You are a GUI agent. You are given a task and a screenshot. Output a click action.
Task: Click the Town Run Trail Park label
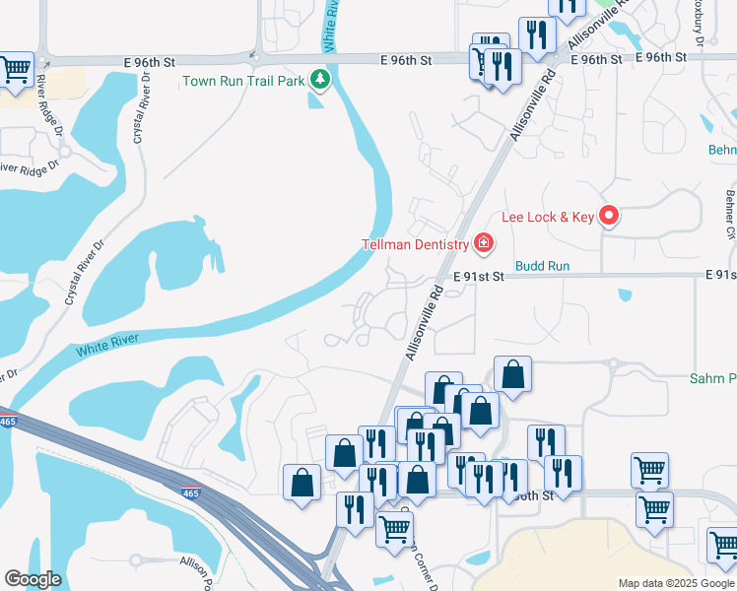(x=243, y=80)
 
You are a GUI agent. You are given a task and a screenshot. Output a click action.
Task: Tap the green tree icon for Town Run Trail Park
(x=319, y=79)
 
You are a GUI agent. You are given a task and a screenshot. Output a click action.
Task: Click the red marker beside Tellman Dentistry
(x=483, y=242)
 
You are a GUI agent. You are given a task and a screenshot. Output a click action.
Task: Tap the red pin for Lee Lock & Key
(x=609, y=215)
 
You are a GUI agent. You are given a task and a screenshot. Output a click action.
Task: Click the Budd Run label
(x=543, y=266)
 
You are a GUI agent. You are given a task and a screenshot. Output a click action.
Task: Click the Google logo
(x=33, y=579)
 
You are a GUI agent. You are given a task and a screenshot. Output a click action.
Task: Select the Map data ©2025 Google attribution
(x=675, y=583)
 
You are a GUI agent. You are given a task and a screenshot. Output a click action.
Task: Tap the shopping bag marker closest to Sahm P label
(x=512, y=374)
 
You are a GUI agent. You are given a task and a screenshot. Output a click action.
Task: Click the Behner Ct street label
(x=730, y=215)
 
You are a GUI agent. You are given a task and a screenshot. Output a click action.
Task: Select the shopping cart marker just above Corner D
(x=395, y=527)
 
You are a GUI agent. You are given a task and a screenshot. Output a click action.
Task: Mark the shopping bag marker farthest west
(x=301, y=483)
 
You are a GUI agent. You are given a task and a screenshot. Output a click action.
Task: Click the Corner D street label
(x=418, y=563)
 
